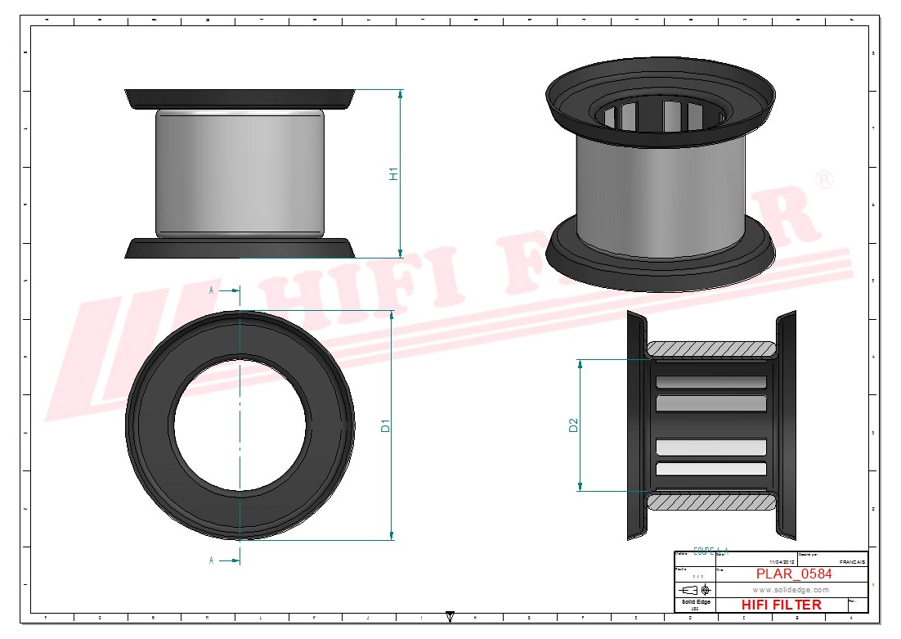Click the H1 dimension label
[393, 173]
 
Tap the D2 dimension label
[573, 425]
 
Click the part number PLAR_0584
[794, 574]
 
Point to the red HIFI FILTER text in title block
[781, 605]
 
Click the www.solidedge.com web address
[791, 590]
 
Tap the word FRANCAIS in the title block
[853, 563]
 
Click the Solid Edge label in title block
[696, 602]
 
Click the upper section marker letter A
[212, 290]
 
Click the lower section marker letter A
[212, 560]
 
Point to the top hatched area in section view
[711, 350]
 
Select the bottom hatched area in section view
[711, 501]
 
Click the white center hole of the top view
[240, 425]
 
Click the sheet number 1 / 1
[697, 577]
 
